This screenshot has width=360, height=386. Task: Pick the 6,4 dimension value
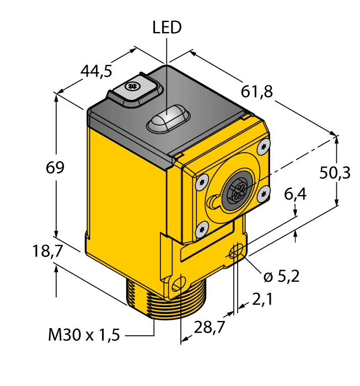pos(295,194)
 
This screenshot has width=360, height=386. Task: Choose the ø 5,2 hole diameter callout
pos(281,276)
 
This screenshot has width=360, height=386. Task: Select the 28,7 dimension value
pos(209,328)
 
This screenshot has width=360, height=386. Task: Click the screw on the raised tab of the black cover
pos(132,87)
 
